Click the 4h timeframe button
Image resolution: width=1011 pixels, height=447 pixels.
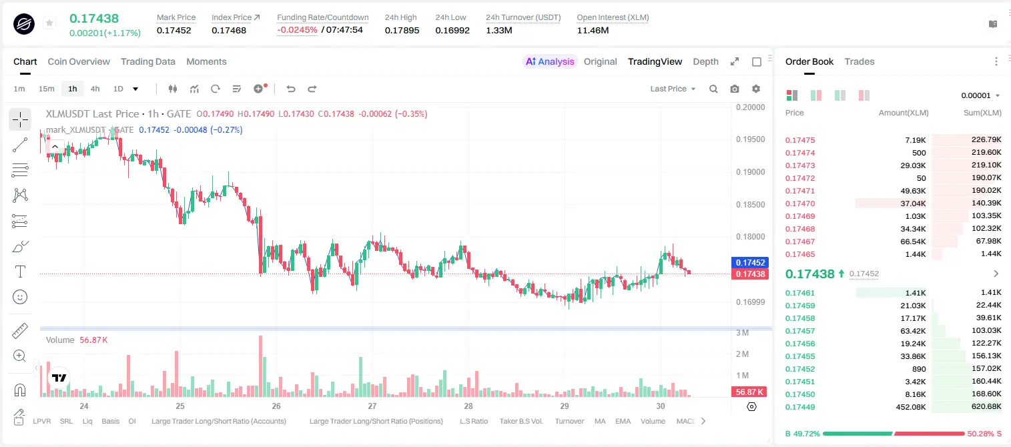(95, 89)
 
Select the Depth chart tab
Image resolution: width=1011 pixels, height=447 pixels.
(705, 62)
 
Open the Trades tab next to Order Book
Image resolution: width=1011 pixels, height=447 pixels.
(860, 62)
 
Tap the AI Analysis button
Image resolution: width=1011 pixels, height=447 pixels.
(550, 62)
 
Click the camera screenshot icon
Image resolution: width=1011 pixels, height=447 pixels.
(735, 89)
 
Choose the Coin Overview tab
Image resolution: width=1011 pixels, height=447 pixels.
(79, 62)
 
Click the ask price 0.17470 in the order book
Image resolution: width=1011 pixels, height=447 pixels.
(800, 203)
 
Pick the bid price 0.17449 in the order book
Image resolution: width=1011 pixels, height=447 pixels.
(800, 407)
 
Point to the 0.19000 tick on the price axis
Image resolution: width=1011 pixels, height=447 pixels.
(751, 172)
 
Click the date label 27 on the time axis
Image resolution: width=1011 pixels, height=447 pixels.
(372, 406)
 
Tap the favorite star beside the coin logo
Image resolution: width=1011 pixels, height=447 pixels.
(49, 23)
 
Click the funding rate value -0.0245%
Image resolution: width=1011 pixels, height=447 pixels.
(297, 30)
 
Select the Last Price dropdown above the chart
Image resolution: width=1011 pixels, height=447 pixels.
(673, 89)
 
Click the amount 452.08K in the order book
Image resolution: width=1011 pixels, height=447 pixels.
(911, 407)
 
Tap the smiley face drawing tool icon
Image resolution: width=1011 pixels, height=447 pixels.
(20, 297)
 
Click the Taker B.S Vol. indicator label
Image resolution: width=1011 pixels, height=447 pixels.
(521, 421)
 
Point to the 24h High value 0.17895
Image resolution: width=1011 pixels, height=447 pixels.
(402, 30)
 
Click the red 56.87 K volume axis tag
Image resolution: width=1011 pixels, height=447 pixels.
(749, 392)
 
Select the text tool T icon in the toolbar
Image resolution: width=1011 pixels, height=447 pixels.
(20, 272)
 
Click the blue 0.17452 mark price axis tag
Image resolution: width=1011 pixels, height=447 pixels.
(750, 262)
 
